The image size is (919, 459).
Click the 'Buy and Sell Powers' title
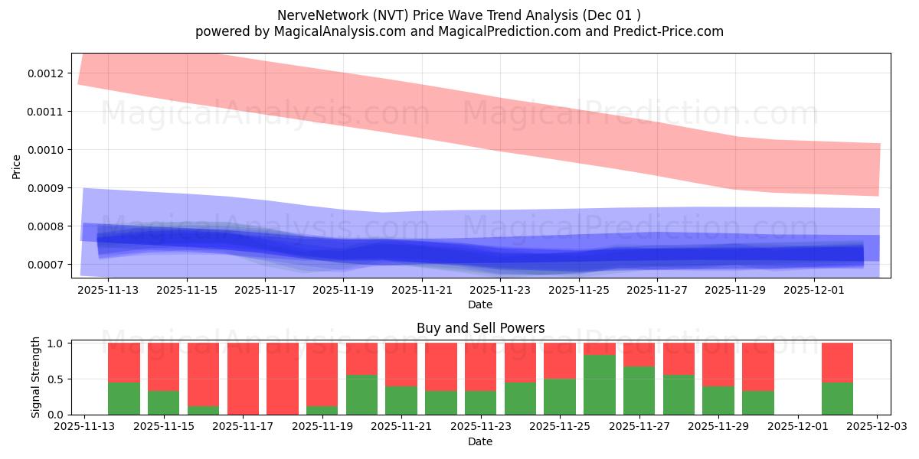click(480, 328)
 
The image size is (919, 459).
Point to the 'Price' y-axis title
click(17, 166)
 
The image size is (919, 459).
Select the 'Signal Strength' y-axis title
click(35, 377)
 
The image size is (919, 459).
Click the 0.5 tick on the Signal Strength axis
click(57, 379)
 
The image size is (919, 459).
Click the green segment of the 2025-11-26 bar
click(599, 385)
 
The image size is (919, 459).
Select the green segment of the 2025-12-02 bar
click(837, 399)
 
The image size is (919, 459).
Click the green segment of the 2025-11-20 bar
click(361, 395)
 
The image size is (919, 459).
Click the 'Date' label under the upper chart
click(480, 304)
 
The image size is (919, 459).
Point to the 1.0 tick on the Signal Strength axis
click(57, 343)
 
